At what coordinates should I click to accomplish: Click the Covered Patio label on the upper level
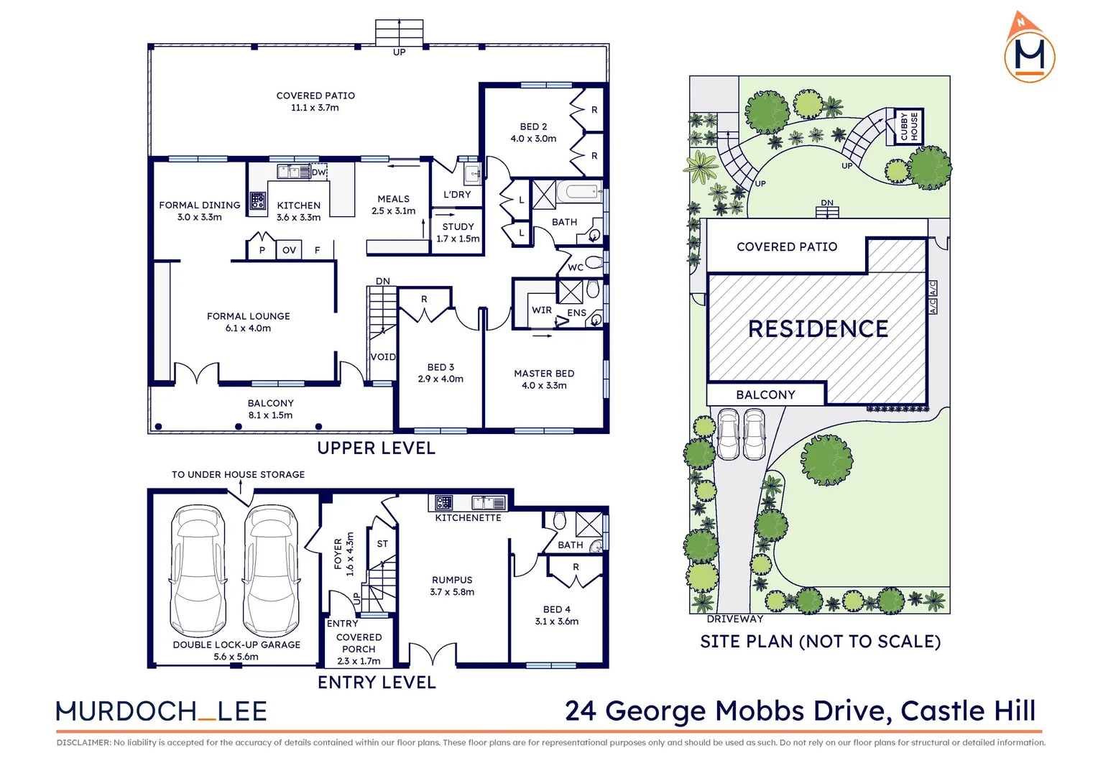point(315,101)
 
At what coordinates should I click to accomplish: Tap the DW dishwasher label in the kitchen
point(318,172)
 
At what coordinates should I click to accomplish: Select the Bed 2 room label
point(533,132)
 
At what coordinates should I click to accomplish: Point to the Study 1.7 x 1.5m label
point(458,233)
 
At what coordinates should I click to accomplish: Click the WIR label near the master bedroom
point(542,310)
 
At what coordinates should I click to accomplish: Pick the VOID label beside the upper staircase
point(383,357)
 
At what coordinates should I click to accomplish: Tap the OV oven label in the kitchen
point(289,250)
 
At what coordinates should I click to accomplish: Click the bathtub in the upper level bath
point(581,191)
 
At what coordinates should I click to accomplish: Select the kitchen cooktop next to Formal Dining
point(257,200)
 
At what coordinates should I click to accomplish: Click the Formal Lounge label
point(249,322)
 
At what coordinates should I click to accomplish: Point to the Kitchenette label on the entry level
point(468,517)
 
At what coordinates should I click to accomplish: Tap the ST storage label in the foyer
point(382,544)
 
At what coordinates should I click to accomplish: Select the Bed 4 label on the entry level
point(557,615)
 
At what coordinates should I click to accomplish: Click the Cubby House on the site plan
point(910,126)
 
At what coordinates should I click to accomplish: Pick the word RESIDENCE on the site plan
point(818,329)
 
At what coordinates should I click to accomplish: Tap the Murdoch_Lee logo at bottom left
point(162,711)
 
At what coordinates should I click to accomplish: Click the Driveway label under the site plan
point(734,619)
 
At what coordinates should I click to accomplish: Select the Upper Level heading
point(377,448)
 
